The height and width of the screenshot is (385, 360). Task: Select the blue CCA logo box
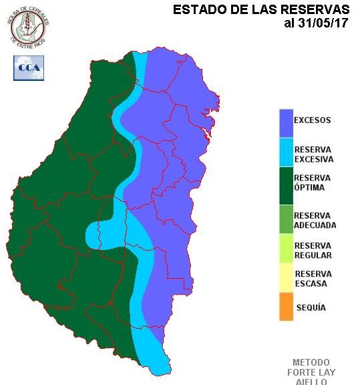pyautogui.click(x=29, y=68)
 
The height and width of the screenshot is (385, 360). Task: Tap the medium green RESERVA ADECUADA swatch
pyautogui.click(x=286, y=219)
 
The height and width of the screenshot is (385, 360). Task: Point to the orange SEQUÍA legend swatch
pyautogui.click(x=286, y=307)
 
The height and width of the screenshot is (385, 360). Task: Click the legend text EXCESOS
pyautogui.click(x=313, y=120)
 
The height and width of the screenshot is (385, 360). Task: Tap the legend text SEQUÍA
pyautogui.click(x=310, y=307)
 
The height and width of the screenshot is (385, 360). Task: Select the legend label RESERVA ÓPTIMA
pyautogui.click(x=313, y=182)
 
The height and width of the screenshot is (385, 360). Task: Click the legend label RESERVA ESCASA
pyautogui.click(x=313, y=279)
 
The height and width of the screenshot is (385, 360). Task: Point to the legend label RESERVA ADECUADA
pyautogui.click(x=315, y=221)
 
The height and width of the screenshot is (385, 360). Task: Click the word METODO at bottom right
pyautogui.click(x=311, y=362)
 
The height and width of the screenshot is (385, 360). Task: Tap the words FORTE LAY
pyautogui.click(x=311, y=372)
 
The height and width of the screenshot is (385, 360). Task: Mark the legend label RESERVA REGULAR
pyautogui.click(x=313, y=250)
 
